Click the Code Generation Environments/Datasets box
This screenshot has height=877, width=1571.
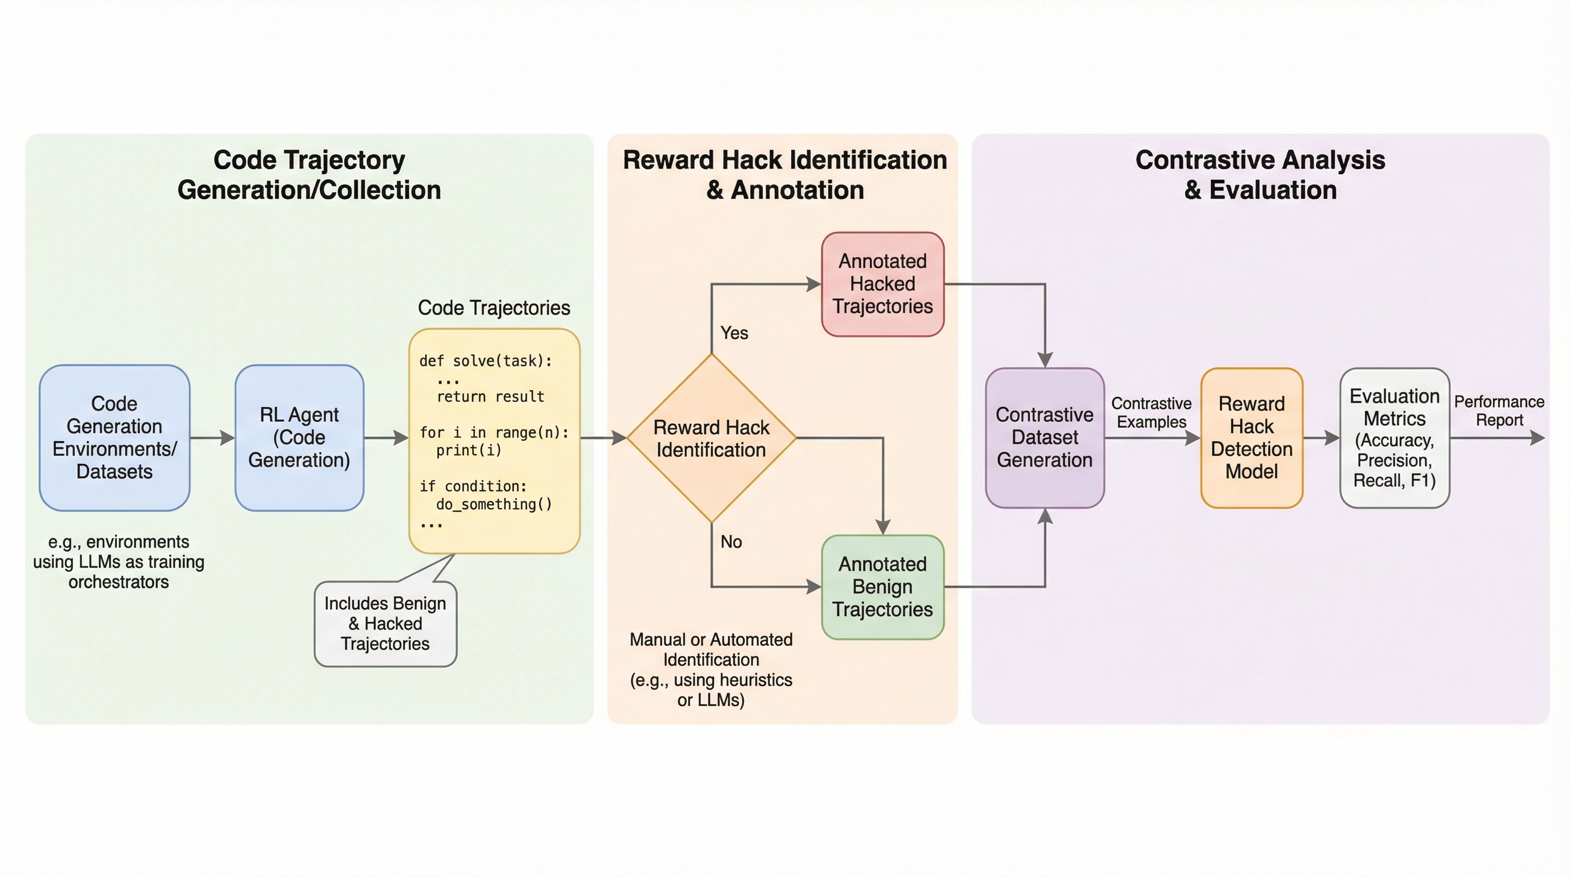(115, 437)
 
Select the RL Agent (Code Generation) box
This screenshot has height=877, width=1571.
(300, 437)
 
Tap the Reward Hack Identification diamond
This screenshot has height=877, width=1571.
(711, 438)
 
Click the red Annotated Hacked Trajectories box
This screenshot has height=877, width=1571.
(883, 284)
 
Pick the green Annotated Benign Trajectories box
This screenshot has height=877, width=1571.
(883, 587)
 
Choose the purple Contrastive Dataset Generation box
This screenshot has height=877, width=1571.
(1045, 437)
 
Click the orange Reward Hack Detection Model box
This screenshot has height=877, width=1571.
(1251, 437)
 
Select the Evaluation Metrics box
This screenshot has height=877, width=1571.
(1394, 437)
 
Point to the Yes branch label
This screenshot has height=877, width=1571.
(734, 333)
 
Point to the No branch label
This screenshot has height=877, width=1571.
(731, 542)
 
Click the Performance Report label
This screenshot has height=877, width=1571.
(1499, 411)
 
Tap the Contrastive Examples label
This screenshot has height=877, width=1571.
(1151, 412)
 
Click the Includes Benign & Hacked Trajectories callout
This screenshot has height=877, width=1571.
(385, 623)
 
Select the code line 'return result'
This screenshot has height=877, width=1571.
(490, 396)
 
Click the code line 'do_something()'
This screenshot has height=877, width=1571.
(494, 504)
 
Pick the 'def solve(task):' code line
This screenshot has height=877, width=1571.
(485, 361)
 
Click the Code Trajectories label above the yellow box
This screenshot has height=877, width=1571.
(493, 307)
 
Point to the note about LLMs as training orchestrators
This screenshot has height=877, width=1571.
(118, 562)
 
